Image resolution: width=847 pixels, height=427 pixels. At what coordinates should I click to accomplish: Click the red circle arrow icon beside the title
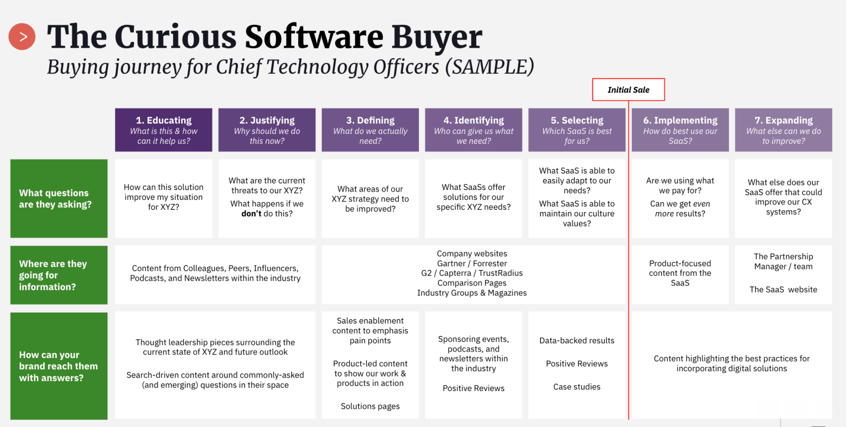pyautogui.click(x=22, y=37)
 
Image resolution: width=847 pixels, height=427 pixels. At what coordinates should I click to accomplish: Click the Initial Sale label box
pyautogui.click(x=628, y=89)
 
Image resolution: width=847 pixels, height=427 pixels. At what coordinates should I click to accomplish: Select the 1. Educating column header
pyautogui.click(x=164, y=130)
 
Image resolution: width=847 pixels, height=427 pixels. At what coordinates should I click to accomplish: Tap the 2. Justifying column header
pyautogui.click(x=267, y=130)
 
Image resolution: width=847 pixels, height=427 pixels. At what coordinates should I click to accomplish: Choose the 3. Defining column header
pyautogui.click(x=370, y=130)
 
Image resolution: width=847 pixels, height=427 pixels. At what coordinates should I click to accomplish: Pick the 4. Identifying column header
pyautogui.click(x=474, y=130)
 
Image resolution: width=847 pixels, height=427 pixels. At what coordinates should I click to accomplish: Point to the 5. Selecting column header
pyautogui.click(x=577, y=130)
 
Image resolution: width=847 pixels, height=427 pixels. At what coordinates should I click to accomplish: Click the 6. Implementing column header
pyautogui.click(x=680, y=130)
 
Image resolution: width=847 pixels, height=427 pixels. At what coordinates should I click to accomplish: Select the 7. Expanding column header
pyautogui.click(x=784, y=130)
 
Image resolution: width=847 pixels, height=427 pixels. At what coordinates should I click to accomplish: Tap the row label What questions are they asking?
pyautogui.click(x=59, y=199)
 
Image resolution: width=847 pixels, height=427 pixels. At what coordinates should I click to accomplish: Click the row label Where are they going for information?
pyautogui.click(x=59, y=275)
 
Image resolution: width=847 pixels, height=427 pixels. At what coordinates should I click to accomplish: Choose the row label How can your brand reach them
pyautogui.click(x=59, y=366)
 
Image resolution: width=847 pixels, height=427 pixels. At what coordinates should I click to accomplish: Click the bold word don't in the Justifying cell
pyautogui.click(x=251, y=213)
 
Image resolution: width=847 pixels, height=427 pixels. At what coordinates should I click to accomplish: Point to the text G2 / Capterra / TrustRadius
pyautogui.click(x=472, y=273)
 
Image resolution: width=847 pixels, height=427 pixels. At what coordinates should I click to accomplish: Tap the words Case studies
pyautogui.click(x=577, y=387)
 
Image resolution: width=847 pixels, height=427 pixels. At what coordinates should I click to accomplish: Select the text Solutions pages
pyautogui.click(x=370, y=406)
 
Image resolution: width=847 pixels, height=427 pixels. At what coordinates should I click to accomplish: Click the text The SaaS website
pyautogui.click(x=783, y=289)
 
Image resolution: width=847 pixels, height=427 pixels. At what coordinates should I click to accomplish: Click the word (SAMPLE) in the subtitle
pyautogui.click(x=490, y=67)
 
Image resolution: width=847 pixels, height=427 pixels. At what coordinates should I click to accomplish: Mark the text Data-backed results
pyautogui.click(x=577, y=340)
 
